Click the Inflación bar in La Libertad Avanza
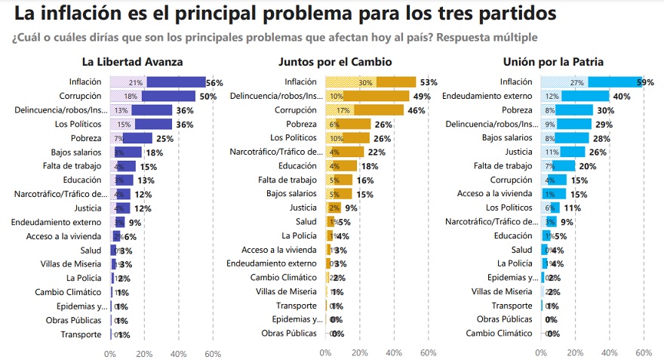coord(158,82)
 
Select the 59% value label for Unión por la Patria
coord(653,82)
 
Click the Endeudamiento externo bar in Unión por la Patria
coord(575,97)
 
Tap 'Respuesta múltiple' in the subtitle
coord(490,37)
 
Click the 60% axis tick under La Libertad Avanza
coord(213,353)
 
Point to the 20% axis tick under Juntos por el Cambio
coord(359,353)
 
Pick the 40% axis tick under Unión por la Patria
coord(610,353)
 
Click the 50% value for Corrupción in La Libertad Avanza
coord(207,97)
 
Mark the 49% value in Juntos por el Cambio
coord(421,97)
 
